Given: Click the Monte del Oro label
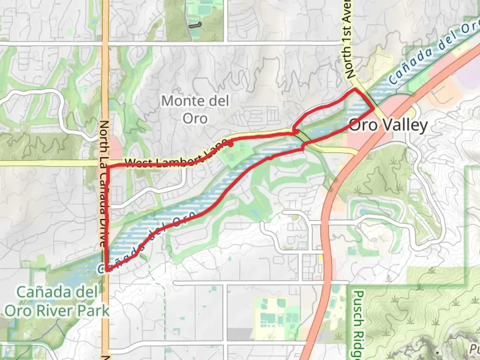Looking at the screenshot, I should pyautogui.click(x=195, y=110).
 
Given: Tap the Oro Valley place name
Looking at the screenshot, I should pyautogui.click(x=388, y=125).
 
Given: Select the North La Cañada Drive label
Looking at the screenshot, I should pyautogui.click(x=104, y=183).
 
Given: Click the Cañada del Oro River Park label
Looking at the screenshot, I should pyautogui.click(x=57, y=302).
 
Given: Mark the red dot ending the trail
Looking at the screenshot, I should pyautogui.click(x=230, y=144).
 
